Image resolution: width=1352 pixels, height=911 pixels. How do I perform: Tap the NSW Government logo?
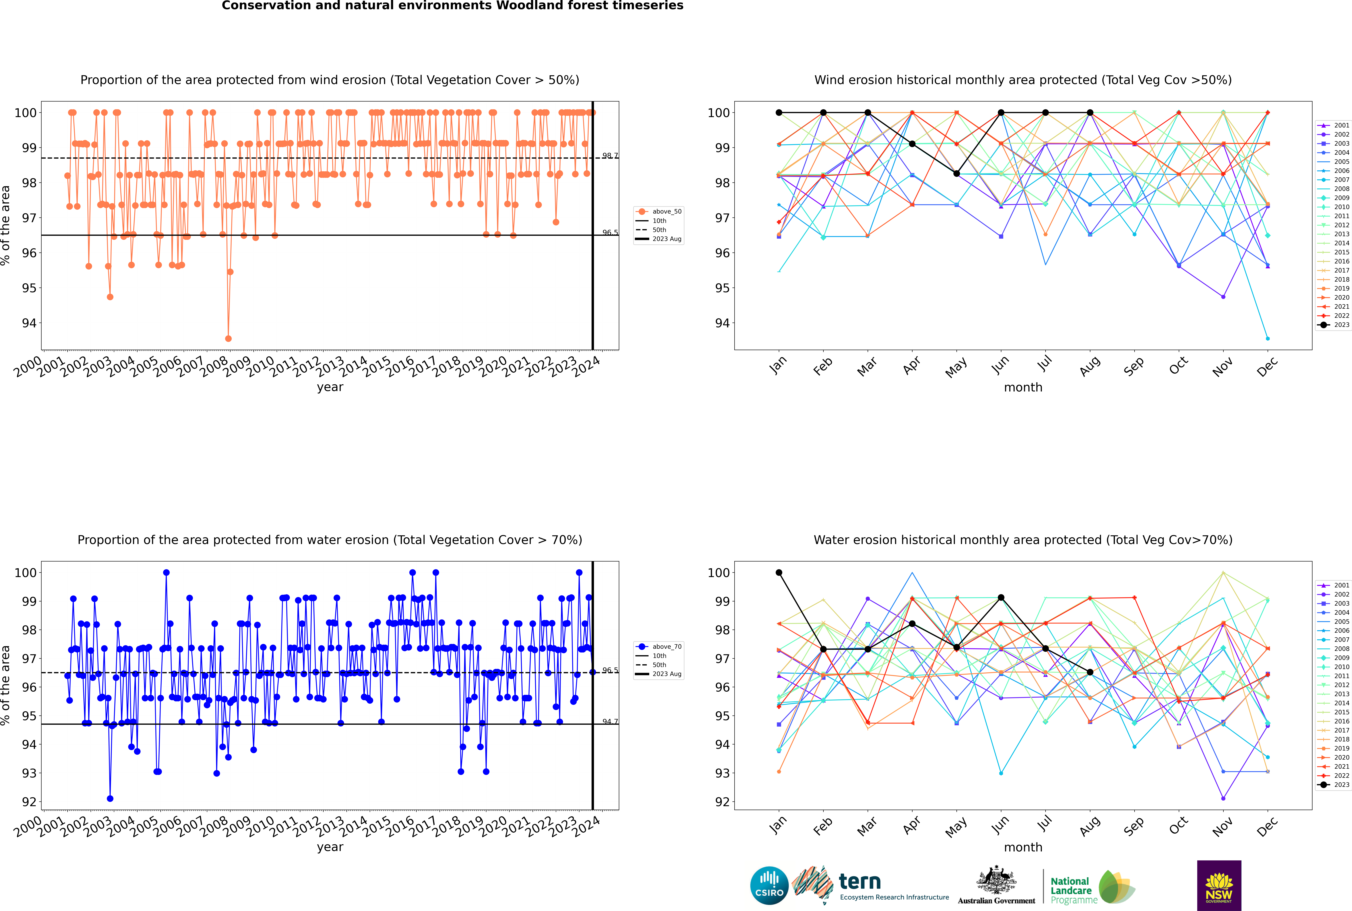pyautogui.click(x=1219, y=885)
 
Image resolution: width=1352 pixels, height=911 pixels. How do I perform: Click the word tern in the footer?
pyautogui.click(x=860, y=882)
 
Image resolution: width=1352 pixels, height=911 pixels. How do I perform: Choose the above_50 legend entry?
pyautogui.click(x=659, y=212)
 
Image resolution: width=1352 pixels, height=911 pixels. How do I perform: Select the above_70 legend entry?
pyautogui.click(x=659, y=647)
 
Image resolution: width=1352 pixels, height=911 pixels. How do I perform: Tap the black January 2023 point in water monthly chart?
pyautogui.click(x=779, y=572)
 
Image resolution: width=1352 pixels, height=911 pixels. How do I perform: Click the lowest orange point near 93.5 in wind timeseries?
pyautogui.click(x=228, y=338)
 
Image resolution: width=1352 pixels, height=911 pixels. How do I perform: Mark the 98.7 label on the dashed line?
pyautogui.click(x=610, y=156)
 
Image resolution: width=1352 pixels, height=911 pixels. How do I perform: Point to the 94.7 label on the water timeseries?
pyautogui.click(x=610, y=722)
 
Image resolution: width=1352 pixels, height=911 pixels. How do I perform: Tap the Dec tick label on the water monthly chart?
pyautogui.click(x=1267, y=826)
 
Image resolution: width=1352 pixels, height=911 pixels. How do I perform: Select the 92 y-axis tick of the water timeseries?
pyautogui.click(x=28, y=802)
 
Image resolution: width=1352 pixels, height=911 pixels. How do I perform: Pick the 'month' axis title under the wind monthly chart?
pyautogui.click(x=1023, y=388)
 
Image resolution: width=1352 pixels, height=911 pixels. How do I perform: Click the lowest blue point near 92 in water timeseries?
pyautogui.click(x=110, y=798)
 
